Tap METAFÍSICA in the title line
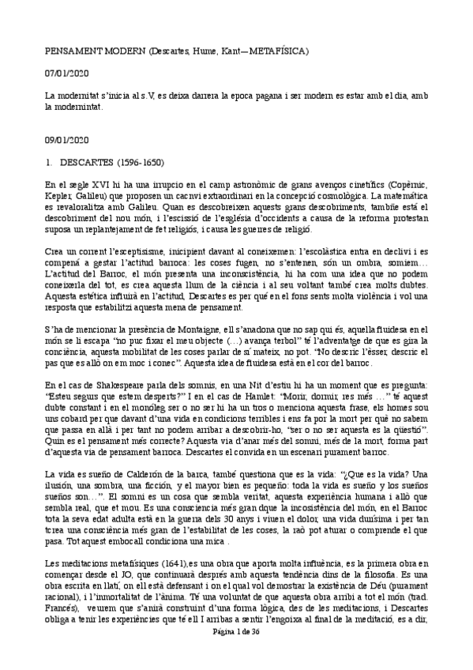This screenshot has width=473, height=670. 278,51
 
